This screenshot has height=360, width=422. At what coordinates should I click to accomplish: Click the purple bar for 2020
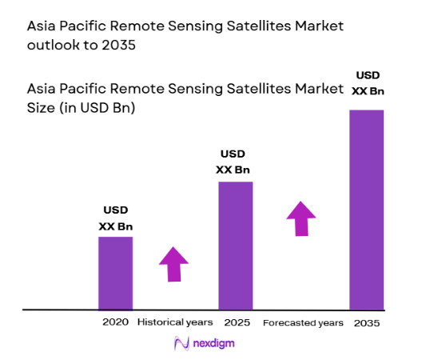tap(115, 272)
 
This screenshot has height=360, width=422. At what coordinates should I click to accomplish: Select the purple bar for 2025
tap(235, 245)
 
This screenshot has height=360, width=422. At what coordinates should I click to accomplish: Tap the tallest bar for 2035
tap(367, 209)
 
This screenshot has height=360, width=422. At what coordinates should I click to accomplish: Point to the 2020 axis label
tap(115, 322)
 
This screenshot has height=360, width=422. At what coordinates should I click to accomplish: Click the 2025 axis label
tap(236, 322)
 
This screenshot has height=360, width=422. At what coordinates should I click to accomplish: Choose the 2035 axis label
tap(367, 322)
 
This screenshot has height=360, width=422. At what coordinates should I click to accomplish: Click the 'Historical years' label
tap(175, 322)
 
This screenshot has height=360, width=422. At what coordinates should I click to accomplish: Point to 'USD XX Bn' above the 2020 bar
tap(115, 218)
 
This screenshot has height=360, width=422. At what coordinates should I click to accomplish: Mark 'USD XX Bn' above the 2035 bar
tap(368, 83)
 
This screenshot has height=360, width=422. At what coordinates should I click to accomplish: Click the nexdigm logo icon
tap(181, 343)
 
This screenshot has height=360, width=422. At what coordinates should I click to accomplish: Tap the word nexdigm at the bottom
tap(213, 343)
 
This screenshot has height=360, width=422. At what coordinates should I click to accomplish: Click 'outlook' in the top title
tap(57, 45)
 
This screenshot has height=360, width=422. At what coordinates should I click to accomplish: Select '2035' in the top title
tap(121, 45)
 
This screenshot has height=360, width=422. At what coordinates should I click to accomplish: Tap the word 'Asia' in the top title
tap(43, 26)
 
